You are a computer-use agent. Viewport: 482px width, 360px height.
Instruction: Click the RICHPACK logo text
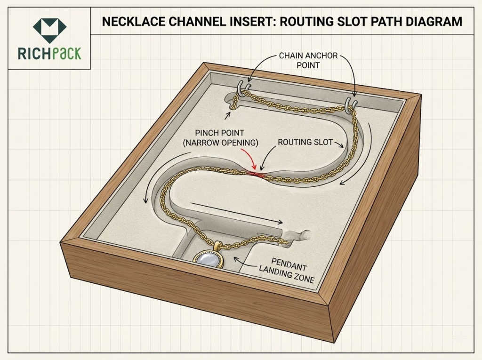point(49,52)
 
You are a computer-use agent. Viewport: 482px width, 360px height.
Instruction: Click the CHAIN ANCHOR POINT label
point(308,60)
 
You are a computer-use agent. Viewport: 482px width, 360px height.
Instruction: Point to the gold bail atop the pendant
point(218,245)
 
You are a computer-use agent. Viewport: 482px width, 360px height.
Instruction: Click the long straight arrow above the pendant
point(235,213)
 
